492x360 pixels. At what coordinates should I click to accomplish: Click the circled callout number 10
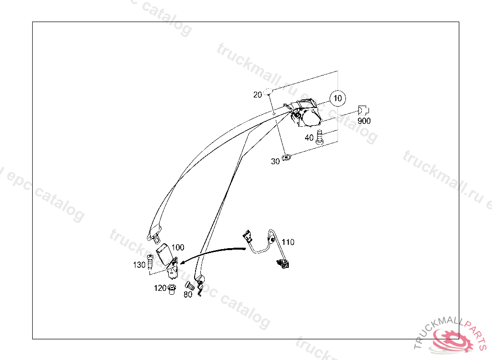point(338,98)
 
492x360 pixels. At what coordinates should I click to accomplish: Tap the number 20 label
point(258,95)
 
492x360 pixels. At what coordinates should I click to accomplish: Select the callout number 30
point(275,161)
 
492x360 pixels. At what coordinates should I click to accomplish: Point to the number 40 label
point(309,138)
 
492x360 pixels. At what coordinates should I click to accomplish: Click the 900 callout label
point(364,121)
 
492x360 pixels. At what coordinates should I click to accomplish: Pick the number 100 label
point(177,248)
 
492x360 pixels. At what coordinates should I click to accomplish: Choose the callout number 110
point(288,242)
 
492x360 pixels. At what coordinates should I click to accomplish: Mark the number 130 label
point(139,264)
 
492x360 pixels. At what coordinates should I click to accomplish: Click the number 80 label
point(187,294)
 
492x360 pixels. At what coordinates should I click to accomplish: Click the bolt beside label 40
point(319,137)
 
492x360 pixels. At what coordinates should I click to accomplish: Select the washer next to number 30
point(287,156)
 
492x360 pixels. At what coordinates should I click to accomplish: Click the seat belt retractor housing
point(307,115)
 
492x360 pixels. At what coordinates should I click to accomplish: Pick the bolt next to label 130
point(150,262)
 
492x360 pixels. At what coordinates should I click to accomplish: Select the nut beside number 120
point(172,289)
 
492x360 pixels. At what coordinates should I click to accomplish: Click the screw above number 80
point(189,286)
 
